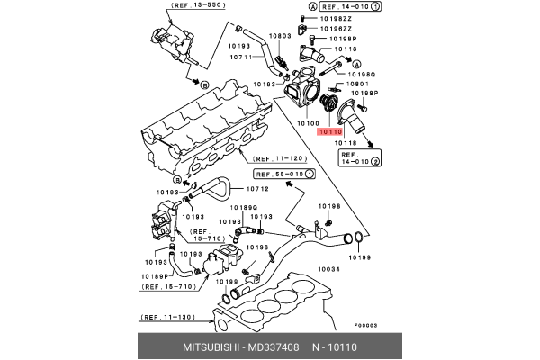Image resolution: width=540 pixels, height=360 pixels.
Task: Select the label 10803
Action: (x=280, y=36)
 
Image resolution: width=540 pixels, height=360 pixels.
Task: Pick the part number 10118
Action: (x=346, y=143)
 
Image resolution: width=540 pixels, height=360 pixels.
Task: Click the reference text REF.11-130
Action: (x=168, y=318)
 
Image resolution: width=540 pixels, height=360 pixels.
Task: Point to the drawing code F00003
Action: (x=364, y=326)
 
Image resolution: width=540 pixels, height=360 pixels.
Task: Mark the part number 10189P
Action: (x=156, y=274)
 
